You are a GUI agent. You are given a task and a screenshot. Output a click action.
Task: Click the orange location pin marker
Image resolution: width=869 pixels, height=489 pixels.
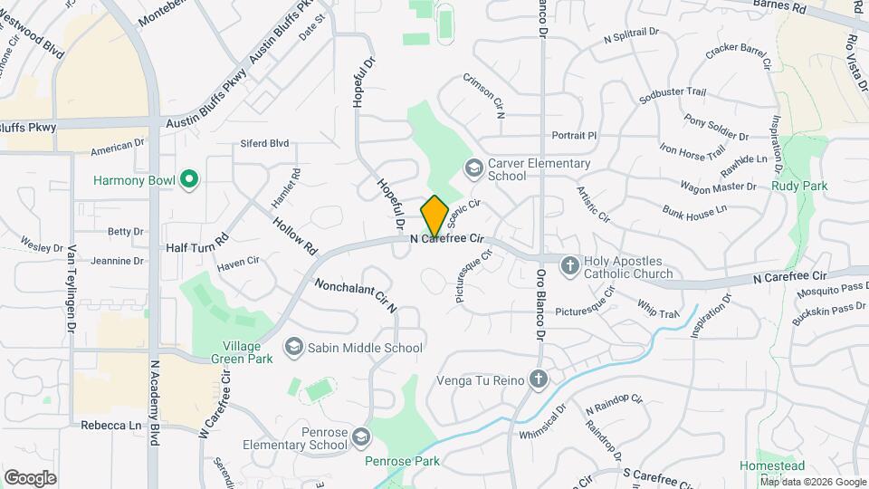pos(434,216)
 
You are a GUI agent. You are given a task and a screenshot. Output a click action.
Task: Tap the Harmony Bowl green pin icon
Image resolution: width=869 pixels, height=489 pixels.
pos(189,180)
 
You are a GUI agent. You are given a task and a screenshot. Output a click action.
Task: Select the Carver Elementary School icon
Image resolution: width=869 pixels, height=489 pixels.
pos(473,168)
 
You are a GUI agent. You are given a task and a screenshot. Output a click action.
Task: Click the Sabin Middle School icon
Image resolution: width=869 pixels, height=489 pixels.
pos(293,347)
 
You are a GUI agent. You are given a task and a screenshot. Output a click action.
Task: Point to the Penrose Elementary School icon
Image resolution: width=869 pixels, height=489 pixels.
pos(361,438)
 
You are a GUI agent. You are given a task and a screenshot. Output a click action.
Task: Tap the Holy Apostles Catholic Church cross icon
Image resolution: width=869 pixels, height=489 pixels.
pos(569,266)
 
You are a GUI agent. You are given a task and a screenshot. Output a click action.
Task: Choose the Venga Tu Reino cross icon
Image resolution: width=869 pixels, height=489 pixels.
pos(539,379)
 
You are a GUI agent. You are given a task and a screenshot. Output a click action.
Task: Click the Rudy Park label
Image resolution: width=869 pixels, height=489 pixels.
pos(799,186)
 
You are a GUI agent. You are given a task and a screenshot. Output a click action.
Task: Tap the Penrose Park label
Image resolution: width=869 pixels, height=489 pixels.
pos(402,461)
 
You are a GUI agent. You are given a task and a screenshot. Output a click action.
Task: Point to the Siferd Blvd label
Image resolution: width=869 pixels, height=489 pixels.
pos(264,143)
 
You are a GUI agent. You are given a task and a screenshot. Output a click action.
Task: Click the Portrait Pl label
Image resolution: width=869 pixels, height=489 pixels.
pos(574,136)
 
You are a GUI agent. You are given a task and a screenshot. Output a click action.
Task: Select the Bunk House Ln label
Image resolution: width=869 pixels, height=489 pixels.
pos(694,210)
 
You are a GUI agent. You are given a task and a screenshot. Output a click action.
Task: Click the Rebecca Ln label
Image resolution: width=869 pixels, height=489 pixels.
pos(112,425)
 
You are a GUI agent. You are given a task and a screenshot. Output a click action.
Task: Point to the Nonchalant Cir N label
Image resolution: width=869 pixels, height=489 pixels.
pos(356,296)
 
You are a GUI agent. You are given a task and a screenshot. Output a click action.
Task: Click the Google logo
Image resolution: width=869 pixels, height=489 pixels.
pos(30,477)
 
